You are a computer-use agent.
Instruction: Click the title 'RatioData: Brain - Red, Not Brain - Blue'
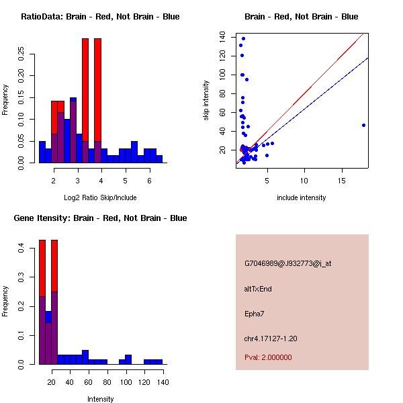pos(100,17)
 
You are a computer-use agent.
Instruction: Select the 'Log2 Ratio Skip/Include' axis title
pos(100,197)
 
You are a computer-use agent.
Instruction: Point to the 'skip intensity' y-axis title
pos(206,101)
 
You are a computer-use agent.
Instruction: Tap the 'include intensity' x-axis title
pos(302,197)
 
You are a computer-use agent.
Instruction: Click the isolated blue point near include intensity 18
pos(363,125)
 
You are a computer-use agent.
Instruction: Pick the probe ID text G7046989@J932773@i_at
pos(288,264)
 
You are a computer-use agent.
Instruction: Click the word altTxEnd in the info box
pos(258,289)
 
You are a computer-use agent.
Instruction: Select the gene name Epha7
pos(255,314)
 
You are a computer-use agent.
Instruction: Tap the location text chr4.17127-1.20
pos(271,339)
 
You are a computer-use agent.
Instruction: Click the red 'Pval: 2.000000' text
pos(268,357)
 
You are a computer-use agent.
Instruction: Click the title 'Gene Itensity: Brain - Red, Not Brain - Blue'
pos(100,218)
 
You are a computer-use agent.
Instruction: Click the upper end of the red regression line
pos(363,33)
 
